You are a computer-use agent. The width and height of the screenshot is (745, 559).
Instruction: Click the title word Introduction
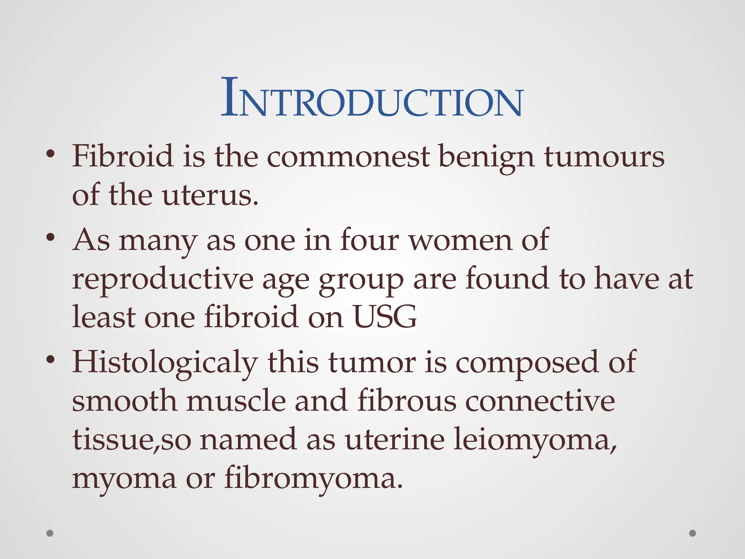point(372,98)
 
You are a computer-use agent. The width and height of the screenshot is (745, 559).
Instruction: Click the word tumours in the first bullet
point(604,157)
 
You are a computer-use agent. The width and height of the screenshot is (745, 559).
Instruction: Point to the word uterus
point(210,196)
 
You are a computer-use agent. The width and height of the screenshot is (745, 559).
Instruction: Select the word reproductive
point(163,279)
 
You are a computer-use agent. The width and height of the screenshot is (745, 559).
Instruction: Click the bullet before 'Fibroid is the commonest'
point(51,154)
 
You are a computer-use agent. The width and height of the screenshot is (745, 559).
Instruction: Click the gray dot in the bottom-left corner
point(50,534)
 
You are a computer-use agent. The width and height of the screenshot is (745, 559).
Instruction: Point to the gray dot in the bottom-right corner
point(693,534)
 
